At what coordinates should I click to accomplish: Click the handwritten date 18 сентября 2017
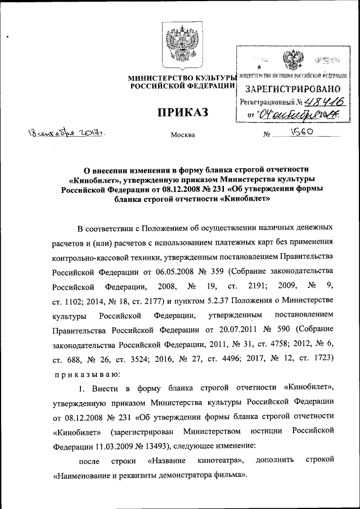point(64,133)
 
